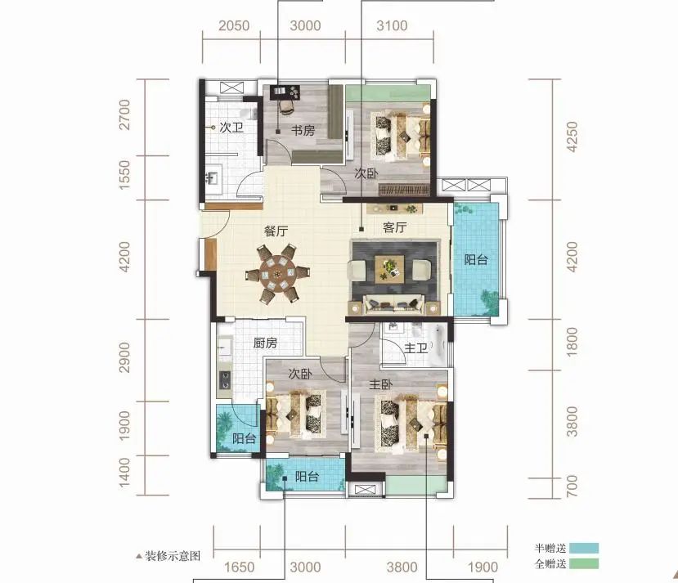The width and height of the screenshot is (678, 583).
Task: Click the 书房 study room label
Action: (303, 130)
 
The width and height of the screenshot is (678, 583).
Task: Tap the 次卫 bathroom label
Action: (231, 128)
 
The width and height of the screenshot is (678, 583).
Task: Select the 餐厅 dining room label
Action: (276, 231)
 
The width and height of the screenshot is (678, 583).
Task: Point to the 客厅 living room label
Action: (394, 227)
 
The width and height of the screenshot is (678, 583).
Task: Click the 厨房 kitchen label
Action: (265, 343)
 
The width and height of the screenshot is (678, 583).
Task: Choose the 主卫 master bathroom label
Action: (416, 348)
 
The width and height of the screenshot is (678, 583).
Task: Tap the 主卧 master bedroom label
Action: (380, 383)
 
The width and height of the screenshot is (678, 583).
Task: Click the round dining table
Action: (277, 274)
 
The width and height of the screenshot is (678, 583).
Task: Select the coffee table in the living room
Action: (389, 269)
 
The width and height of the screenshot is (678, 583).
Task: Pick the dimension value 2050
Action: (234, 26)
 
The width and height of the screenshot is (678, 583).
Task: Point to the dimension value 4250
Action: (572, 137)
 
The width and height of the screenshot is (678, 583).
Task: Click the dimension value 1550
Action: (124, 175)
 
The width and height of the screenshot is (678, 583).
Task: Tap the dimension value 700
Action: (572, 486)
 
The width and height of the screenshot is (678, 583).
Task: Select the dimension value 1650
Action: (239, 567)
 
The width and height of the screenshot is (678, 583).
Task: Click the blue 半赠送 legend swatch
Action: (584, 548)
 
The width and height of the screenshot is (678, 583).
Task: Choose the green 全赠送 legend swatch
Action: (584, 563)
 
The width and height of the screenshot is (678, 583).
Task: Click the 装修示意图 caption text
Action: (173, 556)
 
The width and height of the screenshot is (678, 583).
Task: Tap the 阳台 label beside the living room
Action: (476, 260)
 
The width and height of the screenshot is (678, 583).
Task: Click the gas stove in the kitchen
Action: (224, 381)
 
